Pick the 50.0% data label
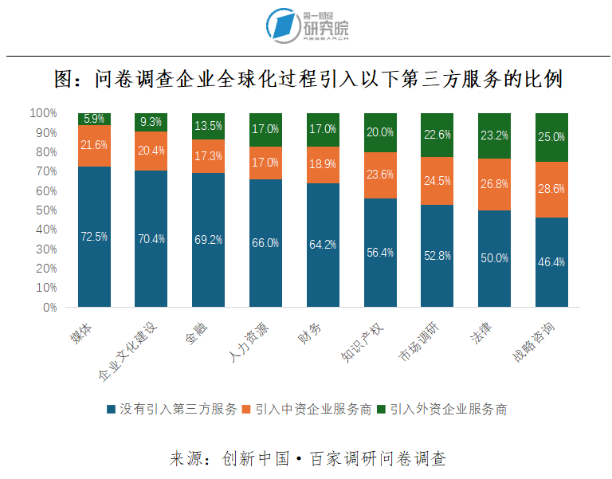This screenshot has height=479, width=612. (x=494, y=256)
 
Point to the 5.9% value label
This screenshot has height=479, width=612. (x=94, y=119)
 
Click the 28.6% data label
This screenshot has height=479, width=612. (x=551, y=189)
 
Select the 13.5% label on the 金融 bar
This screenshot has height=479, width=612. (x=209, y=126)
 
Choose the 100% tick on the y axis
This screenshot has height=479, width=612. (x=44, y=113)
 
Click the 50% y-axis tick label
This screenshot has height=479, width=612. (x=46, y=210)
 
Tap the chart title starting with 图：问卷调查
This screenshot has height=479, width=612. (x=306, y=80)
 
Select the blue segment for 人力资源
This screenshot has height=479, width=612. (x=265, y=243)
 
